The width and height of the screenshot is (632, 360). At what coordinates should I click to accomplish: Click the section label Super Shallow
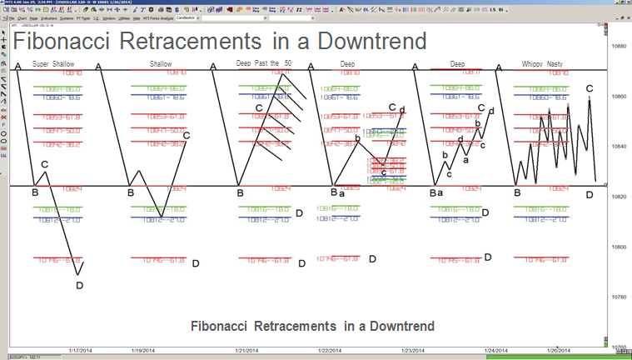pos(52,64)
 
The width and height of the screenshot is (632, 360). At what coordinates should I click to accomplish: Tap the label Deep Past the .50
pos(262,64)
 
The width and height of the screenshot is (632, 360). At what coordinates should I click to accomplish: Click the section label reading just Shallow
pos(162,64)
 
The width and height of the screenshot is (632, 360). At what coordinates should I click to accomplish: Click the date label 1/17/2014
pos(80,352)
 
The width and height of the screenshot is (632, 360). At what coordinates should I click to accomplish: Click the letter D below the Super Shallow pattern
pos(79,286)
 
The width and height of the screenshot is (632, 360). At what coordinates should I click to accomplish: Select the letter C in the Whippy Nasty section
pos(590,88)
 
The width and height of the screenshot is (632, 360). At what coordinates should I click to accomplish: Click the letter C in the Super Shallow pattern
pos(44,165)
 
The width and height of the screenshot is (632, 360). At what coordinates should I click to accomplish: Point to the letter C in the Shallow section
pos(186,135)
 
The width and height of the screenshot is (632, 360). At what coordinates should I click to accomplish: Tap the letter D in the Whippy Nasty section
pos(590,194)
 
